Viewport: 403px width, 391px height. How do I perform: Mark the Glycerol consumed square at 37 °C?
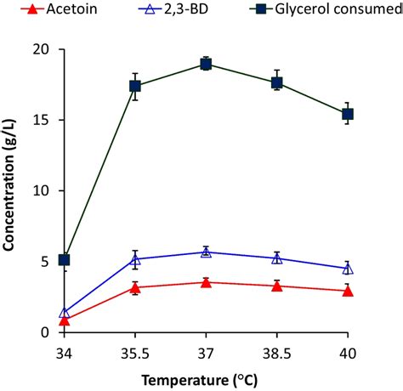pyautogui.click(x=206, y=64)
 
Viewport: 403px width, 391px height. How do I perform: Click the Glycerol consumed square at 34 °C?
pyautogui.click(x=64, y=259)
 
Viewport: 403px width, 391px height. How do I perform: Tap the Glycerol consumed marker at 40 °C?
pyautogui.click(x=347, y=114)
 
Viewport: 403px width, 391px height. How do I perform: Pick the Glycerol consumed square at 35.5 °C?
pyautogui.click(x=134, y=86)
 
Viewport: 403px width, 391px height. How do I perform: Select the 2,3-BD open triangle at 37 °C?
pyautogui.click(x=206, y=252)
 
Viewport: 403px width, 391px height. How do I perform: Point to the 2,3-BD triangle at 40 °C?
pyautogui.click(x=347, y=268)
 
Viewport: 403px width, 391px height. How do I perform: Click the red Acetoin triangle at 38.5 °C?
pyautogui.click(x=276, y=286)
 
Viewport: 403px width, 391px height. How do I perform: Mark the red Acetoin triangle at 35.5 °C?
pyautogui.click(x=134, y=287)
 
